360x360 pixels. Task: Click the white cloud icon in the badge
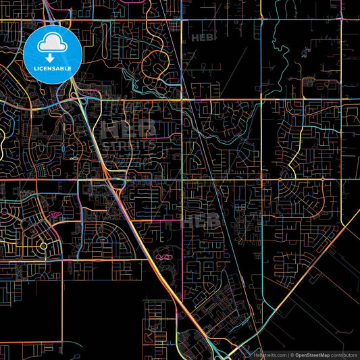click(52, 44)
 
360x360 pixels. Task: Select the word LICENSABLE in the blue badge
click(52, 69)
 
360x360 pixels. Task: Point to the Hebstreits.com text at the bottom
click(269, 355)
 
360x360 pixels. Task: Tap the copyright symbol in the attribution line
click(292, 355)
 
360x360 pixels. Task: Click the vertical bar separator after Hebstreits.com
click(288, 355)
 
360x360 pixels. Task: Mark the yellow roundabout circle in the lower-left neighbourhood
click(44, 247)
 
